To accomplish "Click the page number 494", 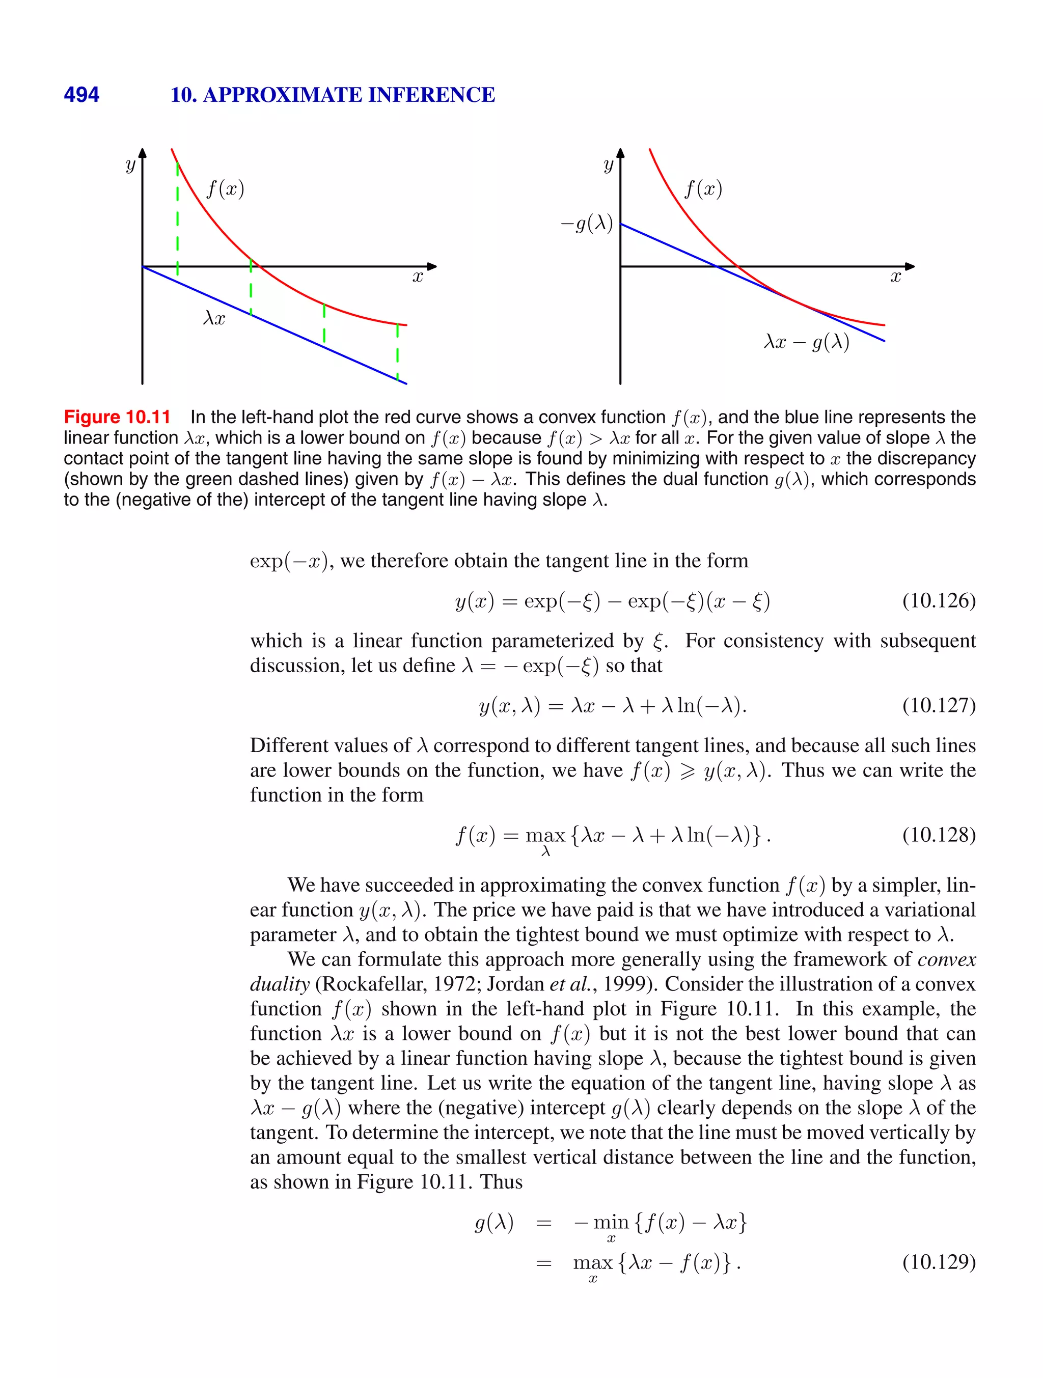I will click(x=81, y=95).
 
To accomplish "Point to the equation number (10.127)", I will click(x=938, y=705).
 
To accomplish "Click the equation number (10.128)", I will click(x=938, y=835).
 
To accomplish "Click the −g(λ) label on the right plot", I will click(x=586, y=223).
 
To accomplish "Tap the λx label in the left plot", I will click(x=214, y=318).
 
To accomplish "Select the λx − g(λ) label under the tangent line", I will click(x=806, y=342).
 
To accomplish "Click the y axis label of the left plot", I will click(x=129, y=166).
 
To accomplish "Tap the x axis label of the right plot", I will click(x=895, y=277).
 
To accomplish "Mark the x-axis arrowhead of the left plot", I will click(x=431, y=267).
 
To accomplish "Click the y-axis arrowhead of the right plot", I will click(x=620, y=153).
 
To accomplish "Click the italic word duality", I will click(x=279, y=984).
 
